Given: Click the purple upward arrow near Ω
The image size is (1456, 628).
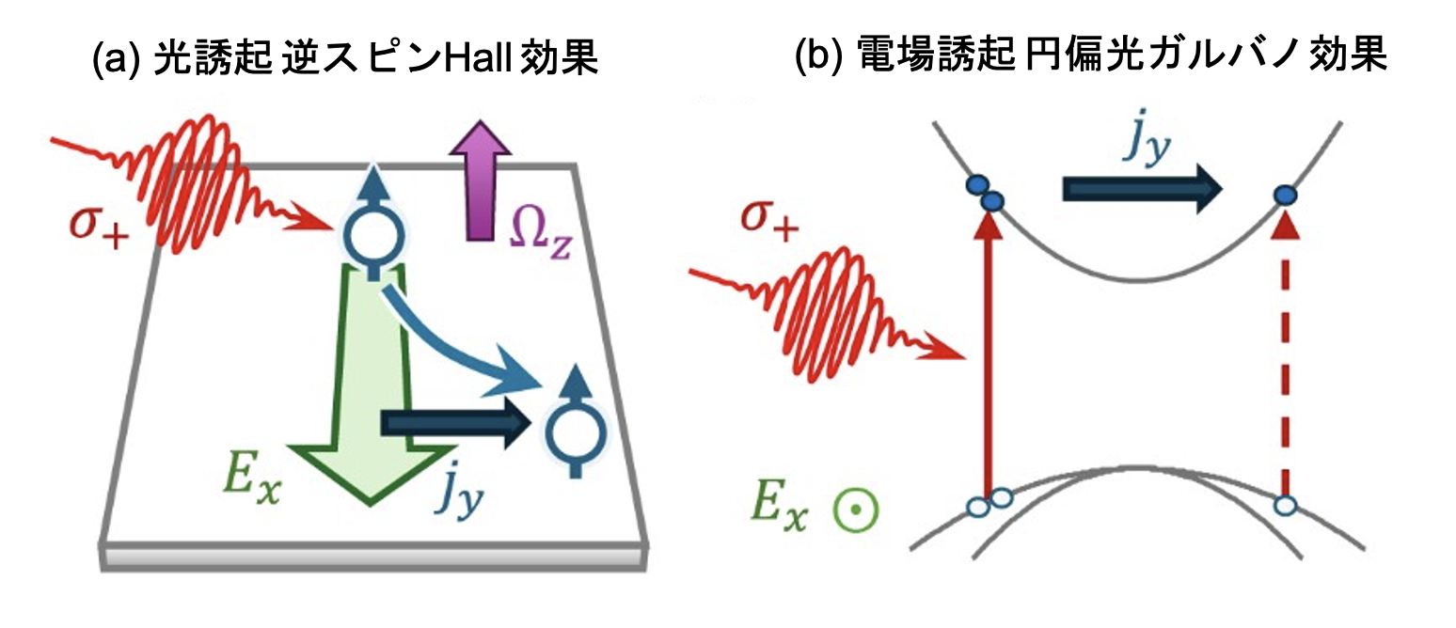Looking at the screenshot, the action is (x=481, y=181).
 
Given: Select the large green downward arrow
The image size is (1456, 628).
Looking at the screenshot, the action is (x=372, y=384).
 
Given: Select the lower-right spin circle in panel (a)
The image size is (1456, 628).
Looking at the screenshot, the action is (x=576, y=432).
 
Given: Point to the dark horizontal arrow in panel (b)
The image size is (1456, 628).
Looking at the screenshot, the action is (x=1142, y=189).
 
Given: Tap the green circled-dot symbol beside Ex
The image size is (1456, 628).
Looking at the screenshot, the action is (x=856, y=510).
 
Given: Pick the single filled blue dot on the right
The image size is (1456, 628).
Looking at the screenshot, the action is (x=1285, y=195).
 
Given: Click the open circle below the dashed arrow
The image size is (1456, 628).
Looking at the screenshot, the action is (x=1285, y=506).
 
